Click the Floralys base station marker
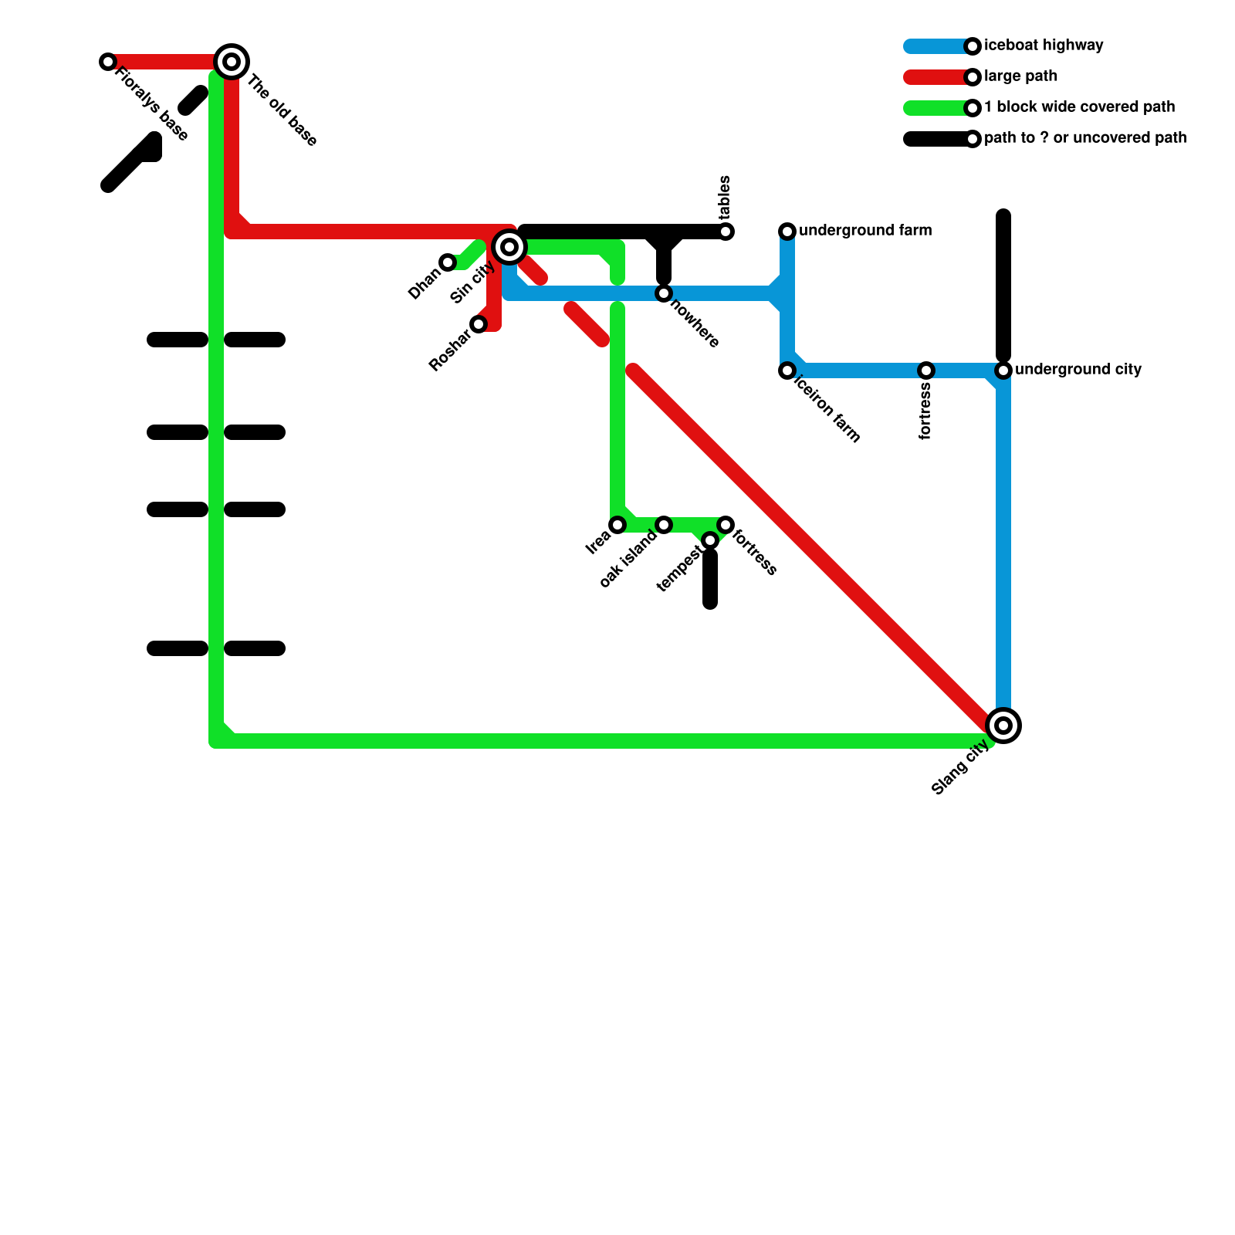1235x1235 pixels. pyautogui.click(x=108, y=62)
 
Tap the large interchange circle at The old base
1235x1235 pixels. pyautogui.click(x=231, y=62)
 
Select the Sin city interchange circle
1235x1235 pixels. pyautogui.click(x=509, y=247)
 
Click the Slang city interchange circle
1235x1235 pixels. pyautogui.click(x=1003, y=726)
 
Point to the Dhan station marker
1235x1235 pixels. pyautogui.click(x=448, y=262)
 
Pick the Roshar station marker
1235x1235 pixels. pyautogui.click(x=479, y=324)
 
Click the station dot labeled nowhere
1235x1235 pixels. pyautogui.click(x=664, y=293)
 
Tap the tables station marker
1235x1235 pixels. pyautogui.click(x=726, y=232)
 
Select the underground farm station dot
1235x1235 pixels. pyautogui.click(x=787, y=232)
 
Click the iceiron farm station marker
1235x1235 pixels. pyautogui.click(x=787, y=370)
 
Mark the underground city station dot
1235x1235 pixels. pyautogui.click(x=1003, y=370)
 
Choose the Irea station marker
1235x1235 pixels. pyautogui.click(x=617, y=525)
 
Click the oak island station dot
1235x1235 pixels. pyautogui.click(x=664, y=525)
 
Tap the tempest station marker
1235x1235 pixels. pyautogui.click(x=710, y=540)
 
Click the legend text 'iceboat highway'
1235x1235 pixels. pyautogui.click(x=1044, y=46)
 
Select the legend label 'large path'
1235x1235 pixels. pyautogui.click(x=1020, y=76)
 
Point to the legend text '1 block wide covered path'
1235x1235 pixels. pyautogui.click(x=1079, y=107)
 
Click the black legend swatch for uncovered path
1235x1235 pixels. pyautogui.click(x=936, y=139)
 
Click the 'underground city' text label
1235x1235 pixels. pyautogui.click(x=1078, y=370)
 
